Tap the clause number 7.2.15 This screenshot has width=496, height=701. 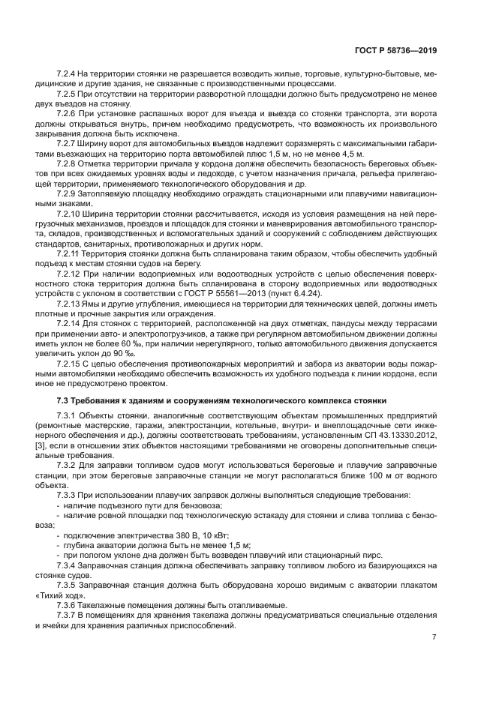(x=71, y=361)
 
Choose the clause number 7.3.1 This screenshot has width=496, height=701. (x=68, y=415)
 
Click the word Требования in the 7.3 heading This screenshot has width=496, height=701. (x=98, y=400)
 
